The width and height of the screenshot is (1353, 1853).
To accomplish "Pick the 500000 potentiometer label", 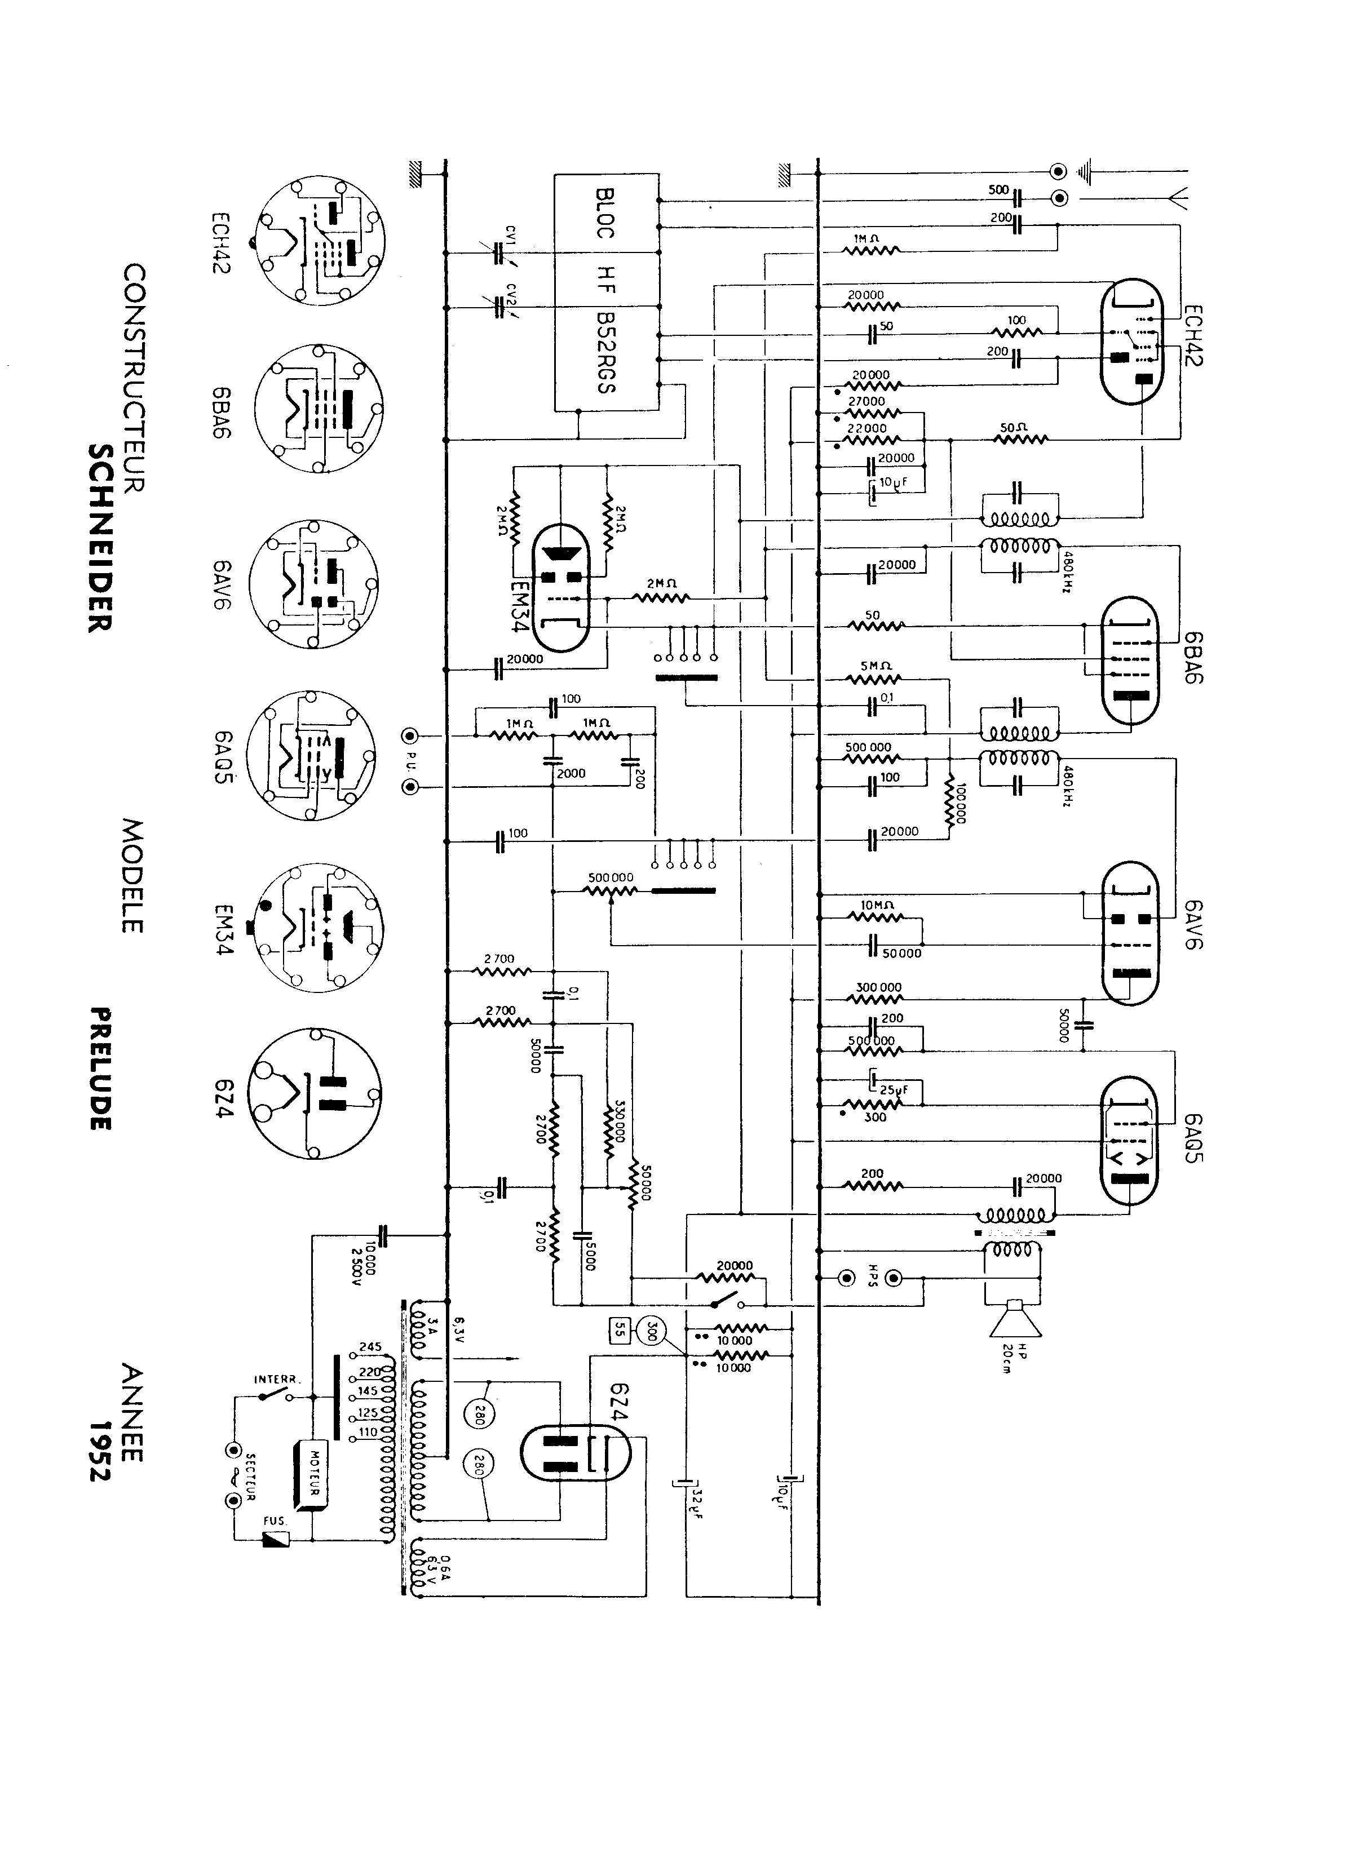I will coord(610,878).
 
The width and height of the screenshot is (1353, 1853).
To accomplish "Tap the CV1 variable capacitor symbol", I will coord(498,254).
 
